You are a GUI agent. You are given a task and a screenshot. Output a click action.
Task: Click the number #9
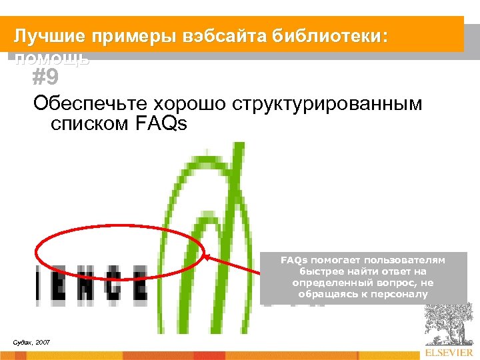(x=45, y=79)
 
